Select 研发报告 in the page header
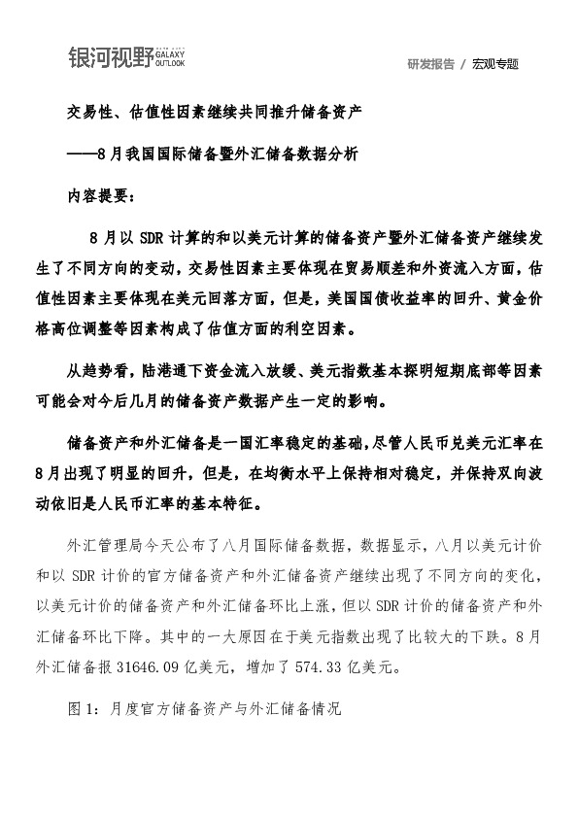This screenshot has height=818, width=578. click(431, 64)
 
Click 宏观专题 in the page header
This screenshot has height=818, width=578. click(495, 64)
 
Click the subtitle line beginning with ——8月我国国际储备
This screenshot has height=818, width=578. click(213, 153)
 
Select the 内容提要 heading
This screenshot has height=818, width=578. click(102, 193)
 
